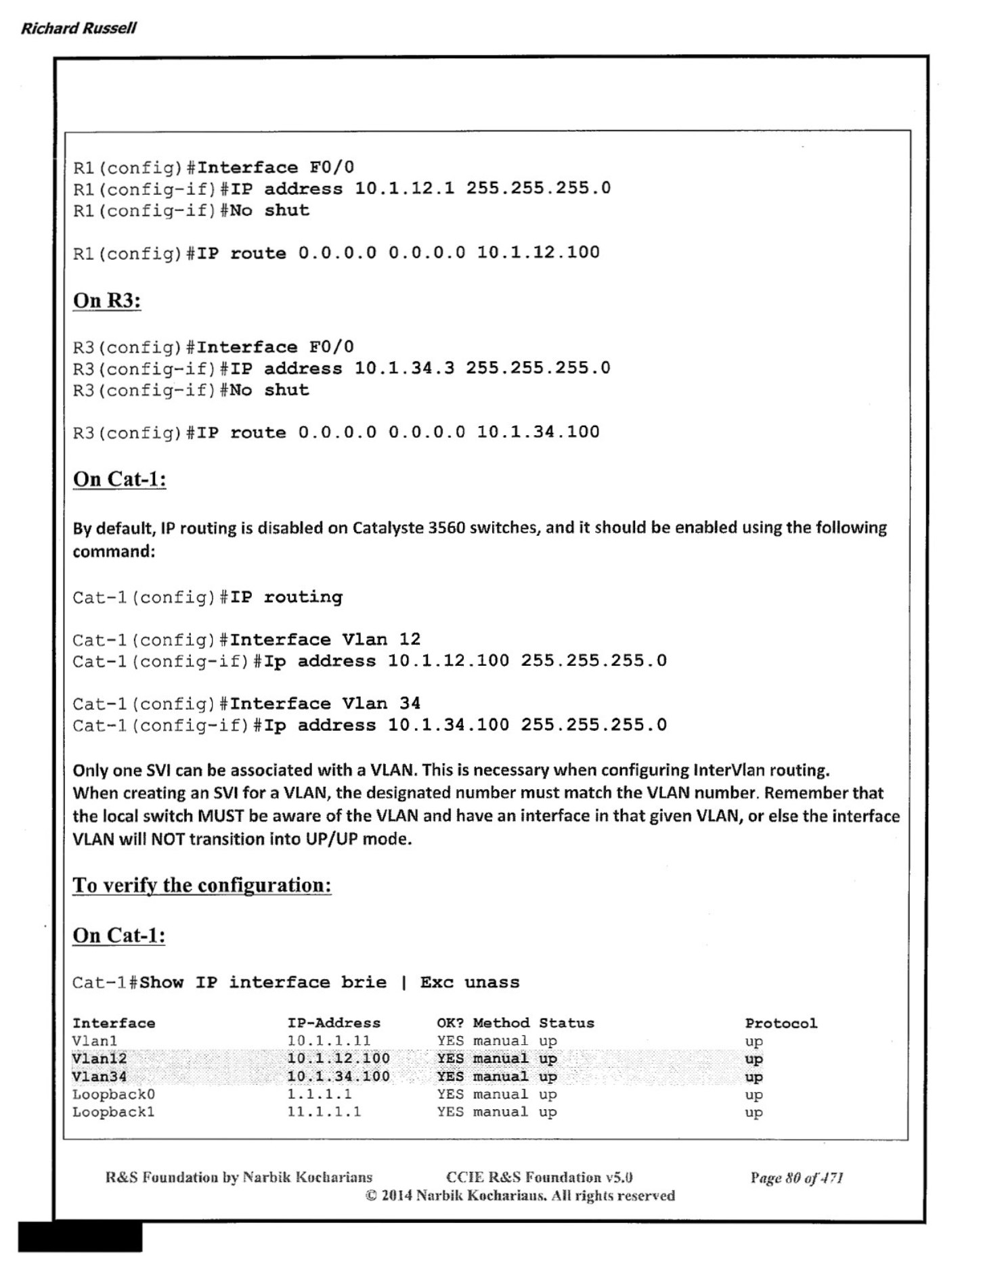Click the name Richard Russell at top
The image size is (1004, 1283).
click(79, 28)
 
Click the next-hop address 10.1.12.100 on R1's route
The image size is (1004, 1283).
click(538, 252)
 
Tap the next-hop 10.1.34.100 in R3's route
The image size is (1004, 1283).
click(538, 432)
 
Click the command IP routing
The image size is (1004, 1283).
click(286, 597)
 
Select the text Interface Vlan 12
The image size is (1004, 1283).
click(325, 639)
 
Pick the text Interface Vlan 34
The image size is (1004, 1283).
click(325, 704)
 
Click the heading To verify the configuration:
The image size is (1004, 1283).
click(202, 885)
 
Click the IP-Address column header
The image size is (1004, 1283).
click(334, 1023)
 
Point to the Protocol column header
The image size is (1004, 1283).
click(781, 1023)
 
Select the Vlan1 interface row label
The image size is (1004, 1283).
click(95, 1041)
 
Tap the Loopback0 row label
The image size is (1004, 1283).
click(114, 1094)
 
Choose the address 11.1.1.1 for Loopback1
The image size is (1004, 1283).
click(324, 1112)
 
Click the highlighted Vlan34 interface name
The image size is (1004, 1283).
click(100, 1077)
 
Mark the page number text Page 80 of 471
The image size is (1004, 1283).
click(796, 1178)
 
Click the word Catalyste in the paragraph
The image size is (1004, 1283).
click(388, 528)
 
